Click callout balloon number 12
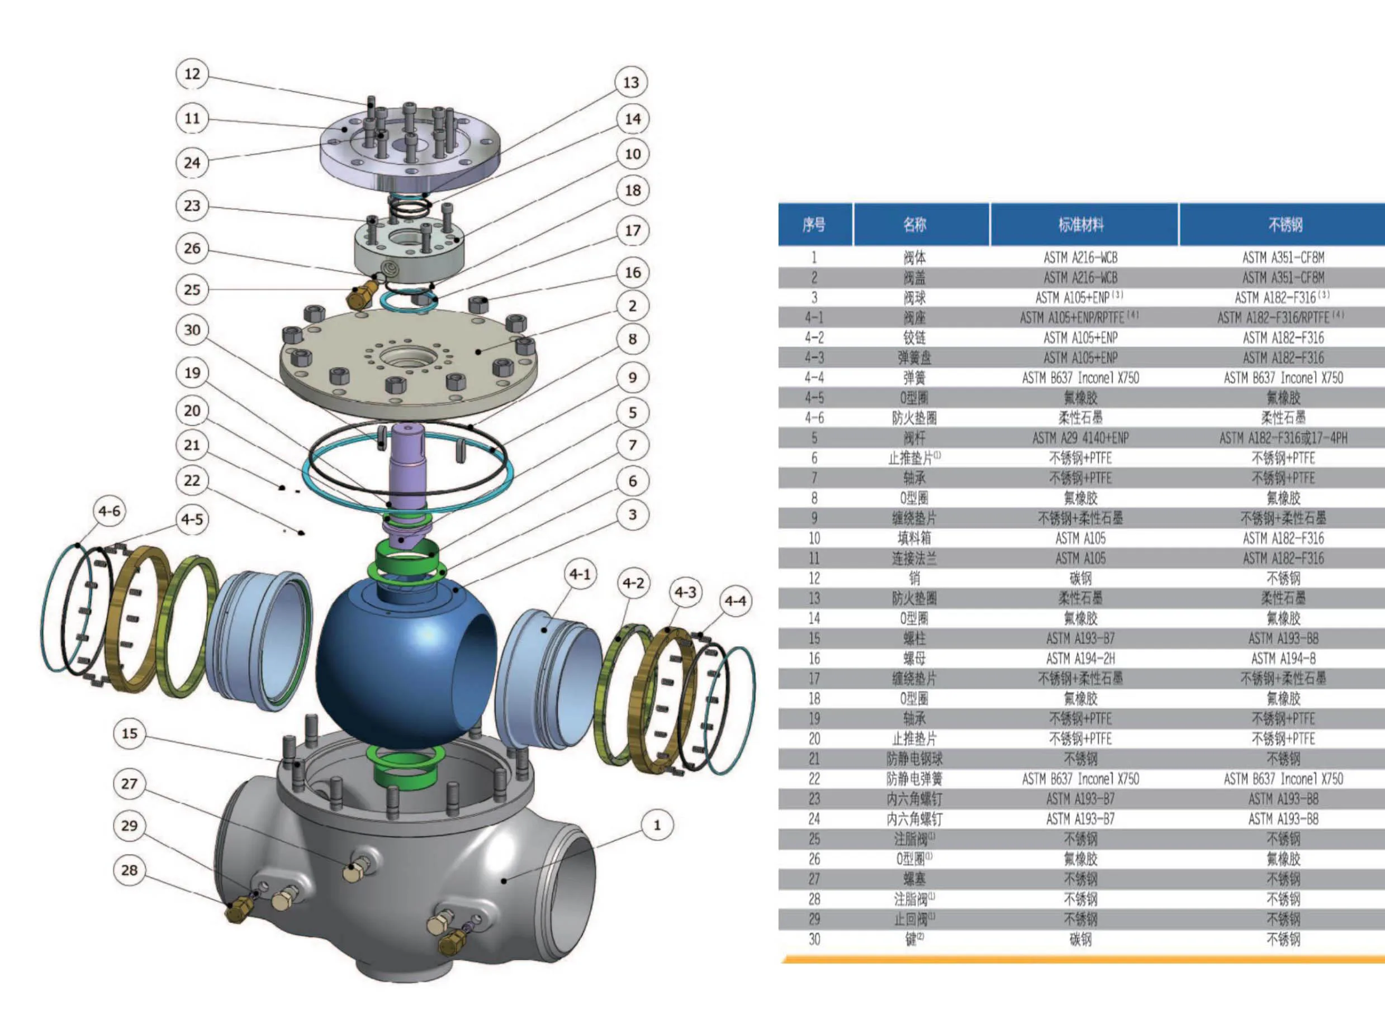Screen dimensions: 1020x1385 tap(192, 74)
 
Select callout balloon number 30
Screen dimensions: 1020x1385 tap(192, 330)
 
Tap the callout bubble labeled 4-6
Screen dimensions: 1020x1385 tap(110, 511)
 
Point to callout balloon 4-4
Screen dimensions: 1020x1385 tap(735, 600)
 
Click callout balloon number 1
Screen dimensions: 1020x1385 tap(657, 825)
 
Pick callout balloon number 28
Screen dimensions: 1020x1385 tap(129, 870)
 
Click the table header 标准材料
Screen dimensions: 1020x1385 tap(1080, 225)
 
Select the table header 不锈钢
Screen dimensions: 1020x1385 tap(1284, 225)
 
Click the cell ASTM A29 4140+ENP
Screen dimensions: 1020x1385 tap(1080, 438)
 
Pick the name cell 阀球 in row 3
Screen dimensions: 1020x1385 tap(914, 298)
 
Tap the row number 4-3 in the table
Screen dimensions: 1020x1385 tap(814, 358)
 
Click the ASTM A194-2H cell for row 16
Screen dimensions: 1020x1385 tap(1080, 659)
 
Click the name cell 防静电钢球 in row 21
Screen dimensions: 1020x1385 tap(914, 759)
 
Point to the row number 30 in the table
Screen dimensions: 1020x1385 tap(814, 940)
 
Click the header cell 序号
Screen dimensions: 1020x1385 tap(814, 225)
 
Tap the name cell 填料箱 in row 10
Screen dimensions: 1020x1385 tap(914, 538)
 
